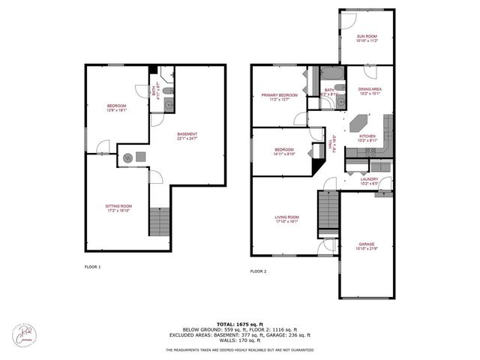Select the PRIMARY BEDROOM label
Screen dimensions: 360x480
pos(279,95)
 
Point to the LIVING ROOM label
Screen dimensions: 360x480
pos(288,217)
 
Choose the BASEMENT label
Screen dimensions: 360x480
pos(187,135)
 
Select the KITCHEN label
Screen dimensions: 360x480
pos(367,136)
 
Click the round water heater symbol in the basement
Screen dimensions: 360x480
pos(128,157)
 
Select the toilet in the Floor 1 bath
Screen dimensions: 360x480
pos(168,91)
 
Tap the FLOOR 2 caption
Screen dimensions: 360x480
pos(258,271)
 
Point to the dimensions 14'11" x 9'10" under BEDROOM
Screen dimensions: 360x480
pos(286,154)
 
